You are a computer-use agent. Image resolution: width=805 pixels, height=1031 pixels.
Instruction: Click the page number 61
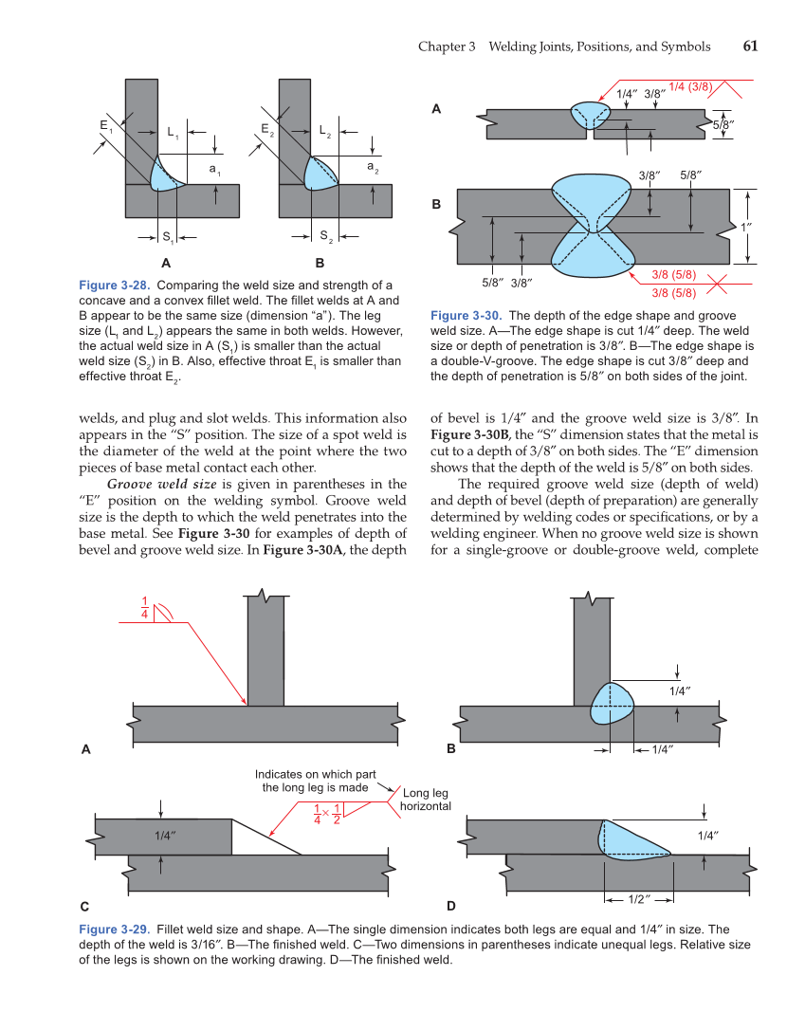point(749,46)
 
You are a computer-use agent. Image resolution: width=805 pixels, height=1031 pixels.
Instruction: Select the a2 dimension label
point(372,168)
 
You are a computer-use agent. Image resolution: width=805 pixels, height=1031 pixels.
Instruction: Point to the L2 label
point(324,131)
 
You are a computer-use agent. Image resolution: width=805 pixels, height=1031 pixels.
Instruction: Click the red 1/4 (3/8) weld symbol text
point(690,87)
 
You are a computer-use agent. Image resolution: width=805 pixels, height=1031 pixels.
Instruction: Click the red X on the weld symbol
point(721,283)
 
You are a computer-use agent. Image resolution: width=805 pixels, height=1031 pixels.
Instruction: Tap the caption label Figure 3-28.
point(115,285)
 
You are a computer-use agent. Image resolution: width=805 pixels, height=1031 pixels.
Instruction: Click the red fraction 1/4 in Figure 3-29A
point(145,608)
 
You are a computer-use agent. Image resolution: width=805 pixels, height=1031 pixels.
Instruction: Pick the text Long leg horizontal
point(425,800)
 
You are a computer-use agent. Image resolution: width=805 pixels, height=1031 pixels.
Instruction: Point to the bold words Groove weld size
point(162,483)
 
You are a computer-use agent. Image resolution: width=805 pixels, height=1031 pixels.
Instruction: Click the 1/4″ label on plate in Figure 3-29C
point(166,836)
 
